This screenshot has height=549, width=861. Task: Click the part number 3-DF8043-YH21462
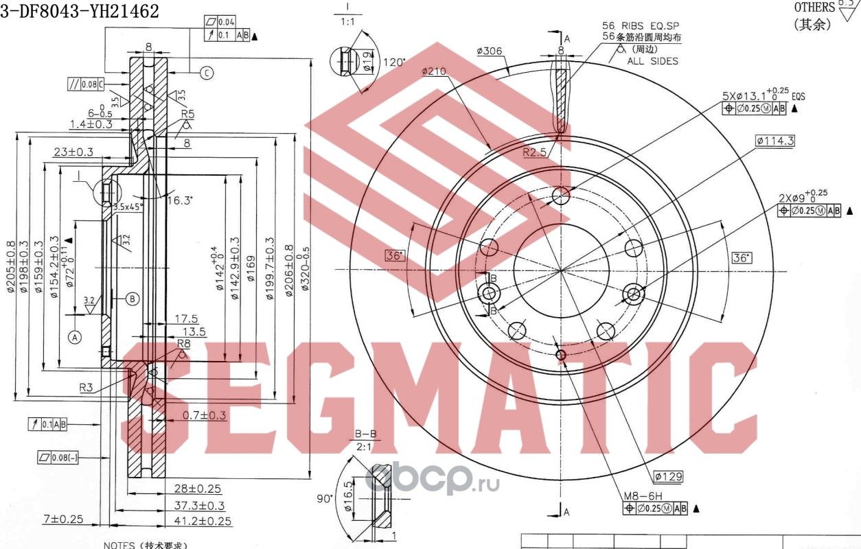click(x=80, y=10)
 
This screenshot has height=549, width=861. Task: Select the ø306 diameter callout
click(x=490, y=51)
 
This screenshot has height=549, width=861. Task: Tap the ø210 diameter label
click(x=435, y=71)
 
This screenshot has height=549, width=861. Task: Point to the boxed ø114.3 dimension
click(x=774, y=141)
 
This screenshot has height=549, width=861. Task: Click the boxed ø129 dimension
click(x=667, y=476)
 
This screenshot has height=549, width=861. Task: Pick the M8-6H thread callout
click(x=642, y=495)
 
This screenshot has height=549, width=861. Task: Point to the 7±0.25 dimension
click(x=62, y=519)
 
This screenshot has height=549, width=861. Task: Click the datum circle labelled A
click(x=74, y=336)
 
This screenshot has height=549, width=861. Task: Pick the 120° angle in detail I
click(x=395, y=62)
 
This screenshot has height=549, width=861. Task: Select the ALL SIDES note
click(x=652, y=61)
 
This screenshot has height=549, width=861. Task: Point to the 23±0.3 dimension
click(x=74, y=152)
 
